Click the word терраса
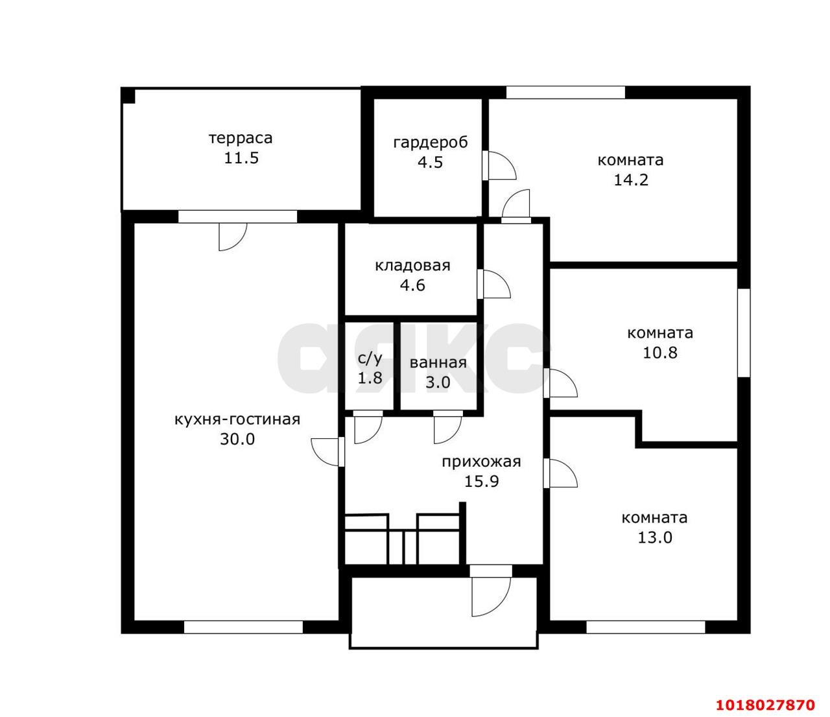[x=241, y=138]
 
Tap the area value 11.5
[x=241, y=158]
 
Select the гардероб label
[x=431, y=143]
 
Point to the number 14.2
[x=631, y=180]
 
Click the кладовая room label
[x=412, y=266]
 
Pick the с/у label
[x=370, y=358]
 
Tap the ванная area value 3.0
[x=438, y=382]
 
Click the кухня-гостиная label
[x=237, y=419]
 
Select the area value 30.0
[x=237, y=439]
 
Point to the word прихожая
[x=481, y=462]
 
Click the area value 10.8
[x=660, y=353]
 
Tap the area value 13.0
[x=655, y=537]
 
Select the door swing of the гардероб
[x=499, y=165]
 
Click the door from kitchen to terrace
[x=233, y=237]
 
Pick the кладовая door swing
[x=494, y=284]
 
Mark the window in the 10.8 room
[x=744, y=333]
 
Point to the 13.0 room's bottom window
[x=646, y=627]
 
